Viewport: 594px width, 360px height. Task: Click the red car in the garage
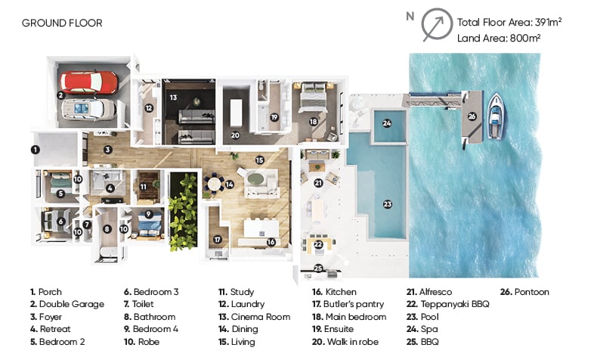point(89,82)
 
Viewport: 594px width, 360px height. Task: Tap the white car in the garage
point(89,109)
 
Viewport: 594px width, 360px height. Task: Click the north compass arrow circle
point(437,24)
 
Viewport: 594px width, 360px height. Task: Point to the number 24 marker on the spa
point(387,123)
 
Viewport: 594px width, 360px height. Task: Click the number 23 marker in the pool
point(387,204)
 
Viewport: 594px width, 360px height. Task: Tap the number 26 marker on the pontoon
point(472,116)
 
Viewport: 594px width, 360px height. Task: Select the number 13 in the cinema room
point(173,98)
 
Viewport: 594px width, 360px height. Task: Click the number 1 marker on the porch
point(36,150)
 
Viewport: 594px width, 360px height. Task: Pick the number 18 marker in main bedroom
point(314,122)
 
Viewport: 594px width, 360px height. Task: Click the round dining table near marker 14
point(214,184)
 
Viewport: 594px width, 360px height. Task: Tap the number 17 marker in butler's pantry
point(218,240)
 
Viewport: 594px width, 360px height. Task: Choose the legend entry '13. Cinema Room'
point(255,317)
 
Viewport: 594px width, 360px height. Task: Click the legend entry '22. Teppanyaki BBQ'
point(448,304)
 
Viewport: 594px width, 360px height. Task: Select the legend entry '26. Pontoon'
point(524,292)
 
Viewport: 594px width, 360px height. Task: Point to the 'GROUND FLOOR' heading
point(62,23)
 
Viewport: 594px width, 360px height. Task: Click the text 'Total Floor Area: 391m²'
point(509,23)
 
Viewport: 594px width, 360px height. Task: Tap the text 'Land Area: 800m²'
point(499,39)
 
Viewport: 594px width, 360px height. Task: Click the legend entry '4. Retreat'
point(51,329)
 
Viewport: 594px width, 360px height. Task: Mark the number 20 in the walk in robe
point(235,135)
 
